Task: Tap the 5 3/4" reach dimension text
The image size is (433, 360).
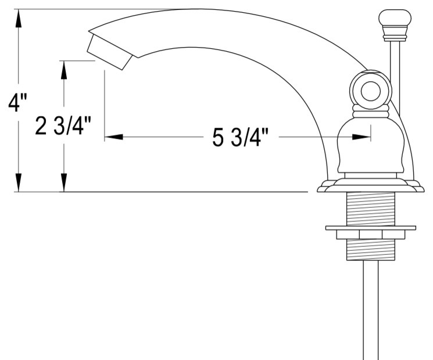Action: click(x=239, y=138)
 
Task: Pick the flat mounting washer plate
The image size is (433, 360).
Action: click(x=370, y=227)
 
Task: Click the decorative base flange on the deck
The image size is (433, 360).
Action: click(x=370, y=186)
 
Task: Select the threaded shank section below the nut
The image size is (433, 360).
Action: click(x=370, y=249)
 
